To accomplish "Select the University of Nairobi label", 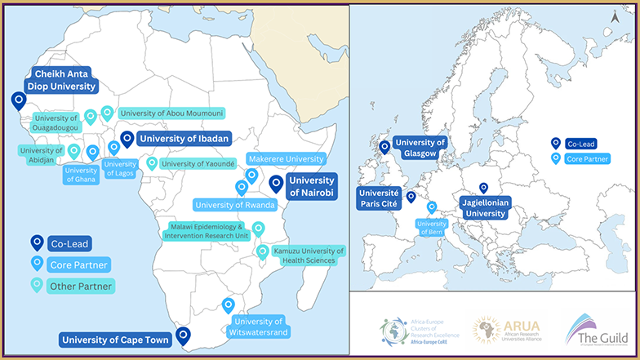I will point(312,186).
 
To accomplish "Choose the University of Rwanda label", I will point(235,204).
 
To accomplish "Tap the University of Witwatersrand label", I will point(259,326).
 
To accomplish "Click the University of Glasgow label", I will point(420,148).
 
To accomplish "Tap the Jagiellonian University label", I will point(484,207).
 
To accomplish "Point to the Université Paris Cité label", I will point(379,198).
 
